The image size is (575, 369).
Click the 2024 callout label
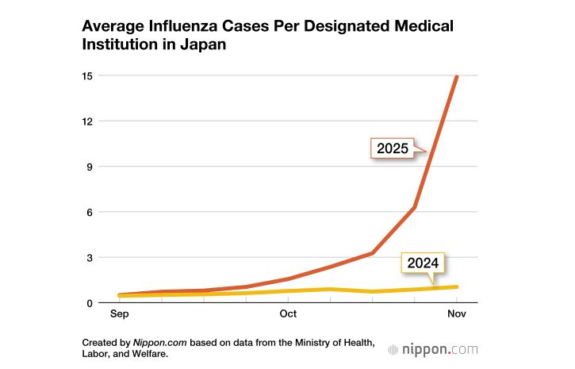pyautogui.click(x=424, y=263)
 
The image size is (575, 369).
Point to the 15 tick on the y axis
pyautogui.click(x=87, y=76)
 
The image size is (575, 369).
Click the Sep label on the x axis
pyautogui.click(x=120, y=314)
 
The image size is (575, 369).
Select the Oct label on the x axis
pyautogui.click(x=288, y=314)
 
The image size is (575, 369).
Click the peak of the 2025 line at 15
pyautogui.click(x=457, y=76)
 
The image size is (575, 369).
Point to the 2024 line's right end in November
pyautogui.click(x=457, y=286)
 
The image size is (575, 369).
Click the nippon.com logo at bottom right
pyautogui.click(x=433, y=348)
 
